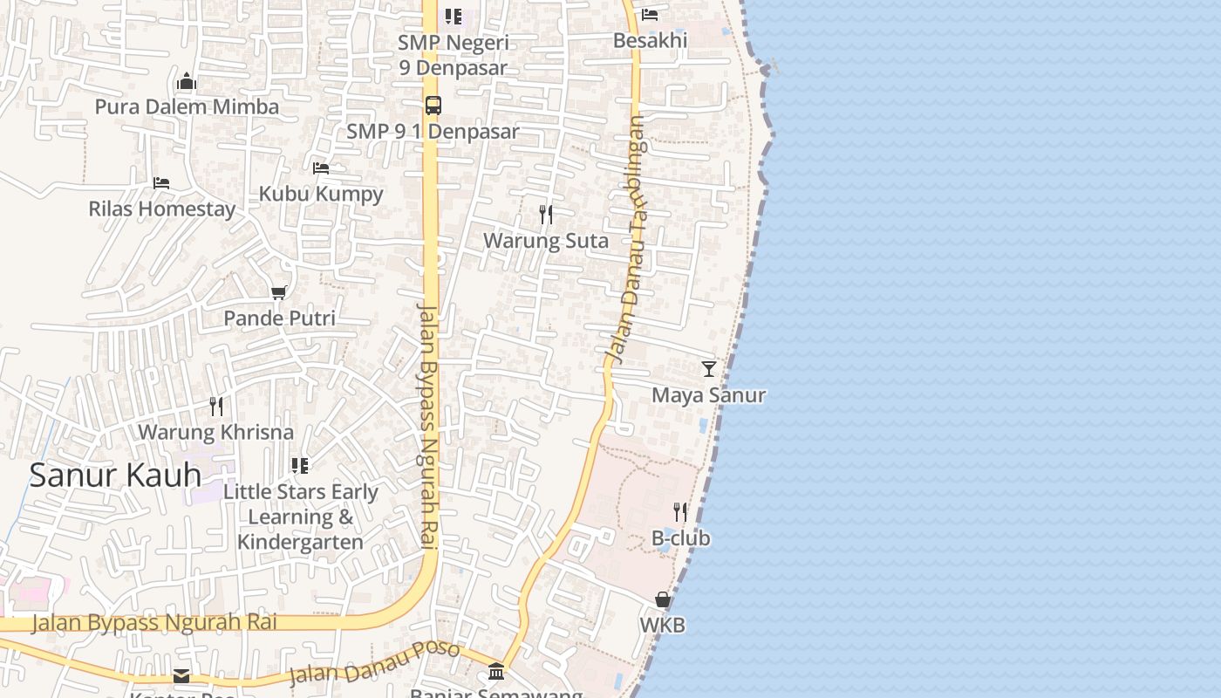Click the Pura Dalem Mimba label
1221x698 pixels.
[x=187, y=106]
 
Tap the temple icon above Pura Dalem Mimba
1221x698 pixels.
[x=186, y=83]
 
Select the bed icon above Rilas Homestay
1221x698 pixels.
[x=161, y=183]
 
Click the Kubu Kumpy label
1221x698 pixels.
[x=321, y=194]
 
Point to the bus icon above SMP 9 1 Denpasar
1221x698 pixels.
[x=433, y=106]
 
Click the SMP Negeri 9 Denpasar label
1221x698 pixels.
[x=453, y=55]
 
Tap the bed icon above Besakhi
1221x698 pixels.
[x=650, y=15]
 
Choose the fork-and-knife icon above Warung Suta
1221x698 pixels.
[x=546, y=215]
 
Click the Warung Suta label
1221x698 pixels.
[x=546, y=241]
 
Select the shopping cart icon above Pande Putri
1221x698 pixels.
[x=279, y=293]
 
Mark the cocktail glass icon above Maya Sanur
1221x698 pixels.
[x=709, y=369]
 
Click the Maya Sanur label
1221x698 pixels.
[x=709, y=395]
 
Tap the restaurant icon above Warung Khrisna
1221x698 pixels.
[x=216, y=407]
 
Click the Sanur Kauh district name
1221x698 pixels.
[x=115, y=476]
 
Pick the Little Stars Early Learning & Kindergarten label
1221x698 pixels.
[x=301, y=517]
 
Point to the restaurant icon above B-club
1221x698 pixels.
[x=680, y=512]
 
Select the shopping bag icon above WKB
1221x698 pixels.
[x=663, y=600]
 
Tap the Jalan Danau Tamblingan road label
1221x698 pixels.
[x=628, y=240]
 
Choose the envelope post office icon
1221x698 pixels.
[x=181, y=675]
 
